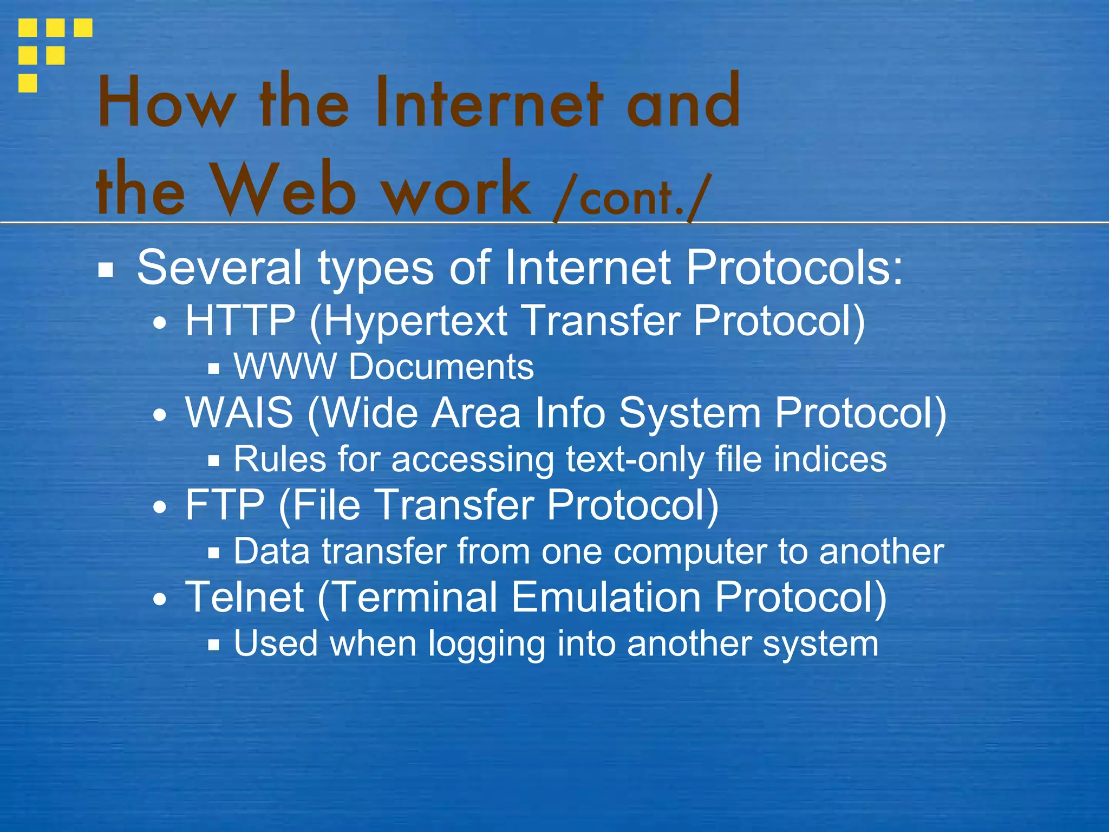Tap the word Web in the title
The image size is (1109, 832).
285,190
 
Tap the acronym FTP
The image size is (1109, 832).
225,505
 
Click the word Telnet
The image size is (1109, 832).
245,597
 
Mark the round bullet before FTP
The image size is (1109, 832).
160,508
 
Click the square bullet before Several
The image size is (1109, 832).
106,270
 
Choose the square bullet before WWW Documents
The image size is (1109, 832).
214,369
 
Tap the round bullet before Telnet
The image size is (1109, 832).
160,600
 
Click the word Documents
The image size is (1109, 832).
441,367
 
